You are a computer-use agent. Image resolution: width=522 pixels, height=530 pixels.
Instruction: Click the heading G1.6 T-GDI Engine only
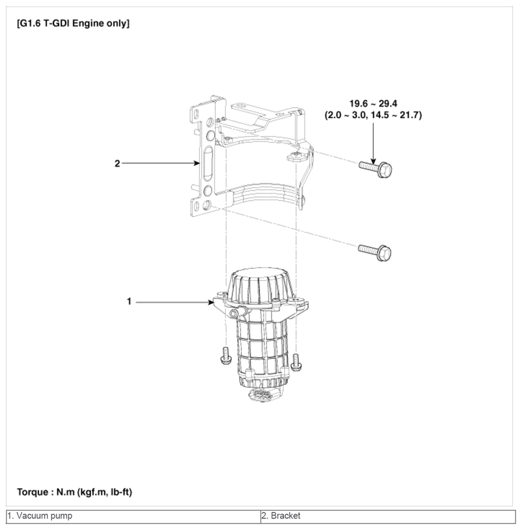(x=73, y=23)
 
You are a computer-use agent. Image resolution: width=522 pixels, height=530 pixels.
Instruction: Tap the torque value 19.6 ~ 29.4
(x=373, y=103)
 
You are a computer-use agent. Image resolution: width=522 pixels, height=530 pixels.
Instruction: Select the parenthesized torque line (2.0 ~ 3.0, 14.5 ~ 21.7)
(x=373, y=116)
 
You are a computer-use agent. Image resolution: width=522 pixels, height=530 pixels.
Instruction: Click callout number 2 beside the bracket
(x=117, y=164)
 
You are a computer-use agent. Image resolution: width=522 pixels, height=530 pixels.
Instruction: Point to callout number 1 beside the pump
(x=129, y=301)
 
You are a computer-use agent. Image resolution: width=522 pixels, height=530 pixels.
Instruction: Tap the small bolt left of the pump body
(x=225, y=356)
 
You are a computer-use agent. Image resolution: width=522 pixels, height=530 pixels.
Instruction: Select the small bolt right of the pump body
(x=296, y=362)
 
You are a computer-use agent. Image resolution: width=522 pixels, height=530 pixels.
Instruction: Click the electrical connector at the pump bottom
(x=264, y=395)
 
